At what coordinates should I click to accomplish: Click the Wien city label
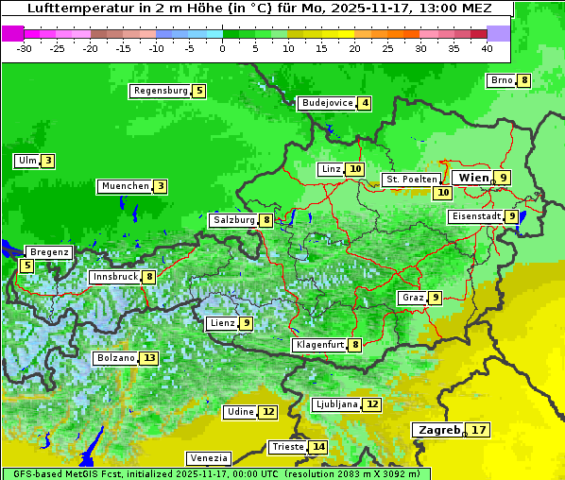(473, 178)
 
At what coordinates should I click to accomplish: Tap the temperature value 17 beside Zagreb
(479, 430)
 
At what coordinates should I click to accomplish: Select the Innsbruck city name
(113, 277)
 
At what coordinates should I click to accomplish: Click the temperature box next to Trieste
(319, 447)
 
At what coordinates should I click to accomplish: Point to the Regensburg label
(160, 91)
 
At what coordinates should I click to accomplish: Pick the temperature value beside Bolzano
(149, 358)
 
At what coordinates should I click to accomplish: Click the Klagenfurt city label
(318, 345)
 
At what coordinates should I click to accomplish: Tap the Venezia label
(208, 458)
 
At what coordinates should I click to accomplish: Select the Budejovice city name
(327, 103)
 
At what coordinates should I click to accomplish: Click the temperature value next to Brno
(523, 80)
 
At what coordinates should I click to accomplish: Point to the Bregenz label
(48, 252)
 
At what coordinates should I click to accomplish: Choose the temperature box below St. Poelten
(442, 193)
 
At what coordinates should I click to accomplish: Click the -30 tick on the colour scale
(25, 48)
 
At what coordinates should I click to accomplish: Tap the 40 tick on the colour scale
(487, 48)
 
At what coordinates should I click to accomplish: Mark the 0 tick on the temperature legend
(223, 48)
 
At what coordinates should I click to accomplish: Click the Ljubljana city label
(335, 404)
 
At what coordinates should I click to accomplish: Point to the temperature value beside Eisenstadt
(512, 216)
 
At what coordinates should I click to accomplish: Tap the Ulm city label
(26, 161)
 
